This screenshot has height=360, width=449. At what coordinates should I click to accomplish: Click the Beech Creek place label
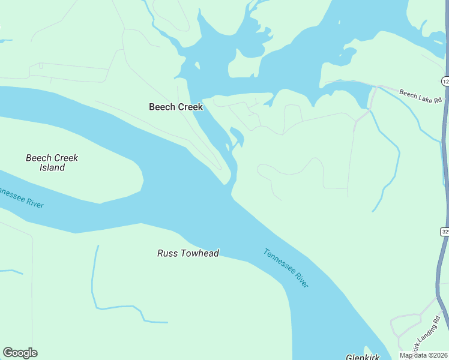coord(176,107)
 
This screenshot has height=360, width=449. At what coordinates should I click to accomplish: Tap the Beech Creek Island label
coord(52,163)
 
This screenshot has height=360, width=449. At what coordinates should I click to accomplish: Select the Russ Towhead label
coord(188,253)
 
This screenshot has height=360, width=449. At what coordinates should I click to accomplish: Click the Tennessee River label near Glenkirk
coord(286,268)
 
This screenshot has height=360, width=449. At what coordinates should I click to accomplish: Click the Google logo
coord(20,353)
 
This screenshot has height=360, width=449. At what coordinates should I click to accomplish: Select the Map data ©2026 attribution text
coord(423,355)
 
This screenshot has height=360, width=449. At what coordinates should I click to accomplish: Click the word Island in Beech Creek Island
coord(52,168)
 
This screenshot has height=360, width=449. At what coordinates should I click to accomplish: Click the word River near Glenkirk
coord(298,278)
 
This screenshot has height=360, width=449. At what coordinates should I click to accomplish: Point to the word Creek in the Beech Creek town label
coord(190,107)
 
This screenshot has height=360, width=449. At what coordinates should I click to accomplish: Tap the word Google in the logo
coord(20,353)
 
